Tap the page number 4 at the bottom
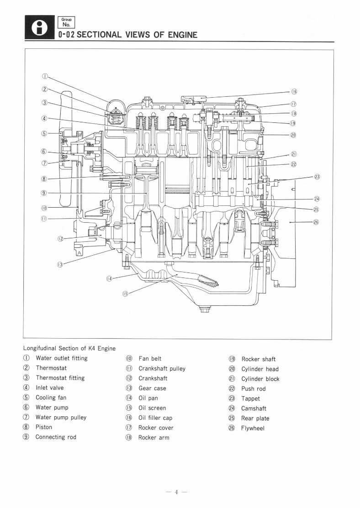click(180, 492)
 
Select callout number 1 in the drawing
click(45, 76)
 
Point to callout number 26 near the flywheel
click(316, 222)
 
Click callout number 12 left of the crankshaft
click(60, 238)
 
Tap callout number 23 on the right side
click(317, 177)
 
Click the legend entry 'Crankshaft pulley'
click(162, 368)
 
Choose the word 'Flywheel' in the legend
click(253, 428)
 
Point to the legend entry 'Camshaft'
click(254, 408)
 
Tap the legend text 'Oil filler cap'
click(155, 418)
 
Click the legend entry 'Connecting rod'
click(56, 437)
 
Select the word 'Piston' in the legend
click(44, 427)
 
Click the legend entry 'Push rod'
click(253, 389)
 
